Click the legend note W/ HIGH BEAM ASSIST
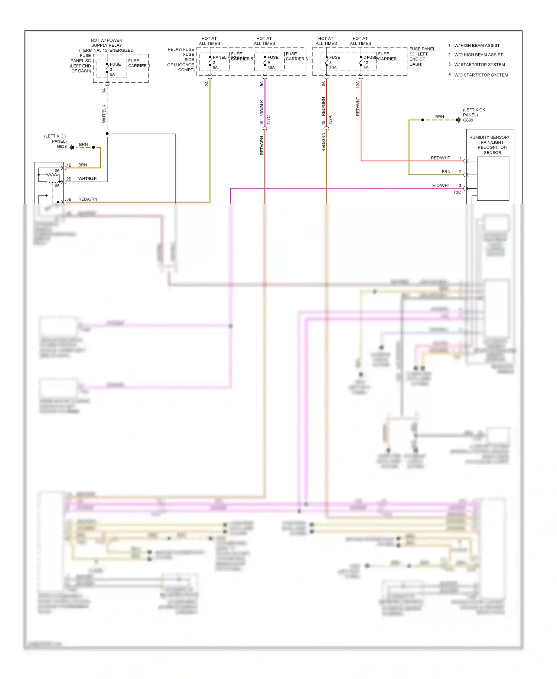(477, 46)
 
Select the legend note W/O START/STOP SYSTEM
(481, 75)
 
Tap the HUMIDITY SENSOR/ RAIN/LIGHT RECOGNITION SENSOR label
(489, 145)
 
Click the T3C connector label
(457, 192)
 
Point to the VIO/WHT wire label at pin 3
(441, 185)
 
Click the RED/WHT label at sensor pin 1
(440, 158)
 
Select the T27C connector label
(268, 120)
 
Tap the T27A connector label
(330, 120)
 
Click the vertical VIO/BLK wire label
(262, 107)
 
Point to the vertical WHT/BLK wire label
(104, 114)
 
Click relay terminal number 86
(57, 171)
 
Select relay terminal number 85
(57, 186)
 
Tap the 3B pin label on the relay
(69, 199)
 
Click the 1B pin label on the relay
(69, 165)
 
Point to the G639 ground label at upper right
(468, 120)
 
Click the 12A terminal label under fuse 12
(358, 85)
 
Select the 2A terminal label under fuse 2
(207, 84)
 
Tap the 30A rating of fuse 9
(271, 68)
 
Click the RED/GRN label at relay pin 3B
(88, 199)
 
